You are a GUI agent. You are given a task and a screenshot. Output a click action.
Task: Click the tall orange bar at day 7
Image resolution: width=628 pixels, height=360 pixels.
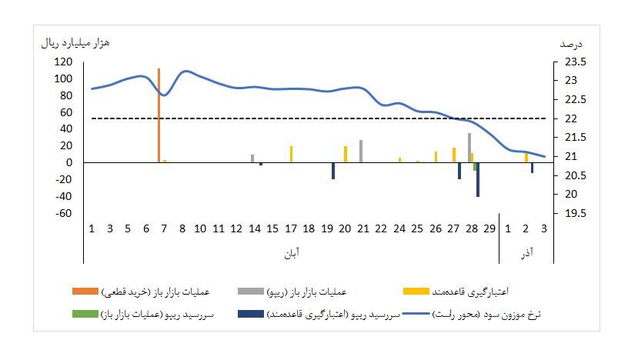click(x=159, y=115)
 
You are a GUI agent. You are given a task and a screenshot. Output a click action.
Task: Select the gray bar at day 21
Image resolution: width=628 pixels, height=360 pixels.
click(x=361, y=151)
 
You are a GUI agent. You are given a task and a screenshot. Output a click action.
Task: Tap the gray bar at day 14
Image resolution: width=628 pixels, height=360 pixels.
click(x=252, y=158)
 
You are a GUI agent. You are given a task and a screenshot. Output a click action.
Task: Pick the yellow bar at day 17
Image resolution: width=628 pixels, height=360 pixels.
click(x=291, y=154)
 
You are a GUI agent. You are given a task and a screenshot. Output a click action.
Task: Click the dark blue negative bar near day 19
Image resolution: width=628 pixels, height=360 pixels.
click(x=333, y=171)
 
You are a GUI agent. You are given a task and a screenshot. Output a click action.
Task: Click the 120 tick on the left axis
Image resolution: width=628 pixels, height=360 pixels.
click(x=63, y=62)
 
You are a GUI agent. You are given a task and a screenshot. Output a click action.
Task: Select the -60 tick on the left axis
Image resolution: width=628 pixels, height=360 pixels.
click(x=63, y=213)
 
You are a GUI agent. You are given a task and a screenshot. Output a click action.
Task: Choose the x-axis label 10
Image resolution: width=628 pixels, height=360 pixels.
click(x=200, y=228)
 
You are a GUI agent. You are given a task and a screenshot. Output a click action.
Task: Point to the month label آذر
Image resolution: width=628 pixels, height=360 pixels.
click(x=527, y=252)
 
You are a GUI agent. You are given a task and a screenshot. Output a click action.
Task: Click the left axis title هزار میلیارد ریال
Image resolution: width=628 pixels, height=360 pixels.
click(x=75, y=42)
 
